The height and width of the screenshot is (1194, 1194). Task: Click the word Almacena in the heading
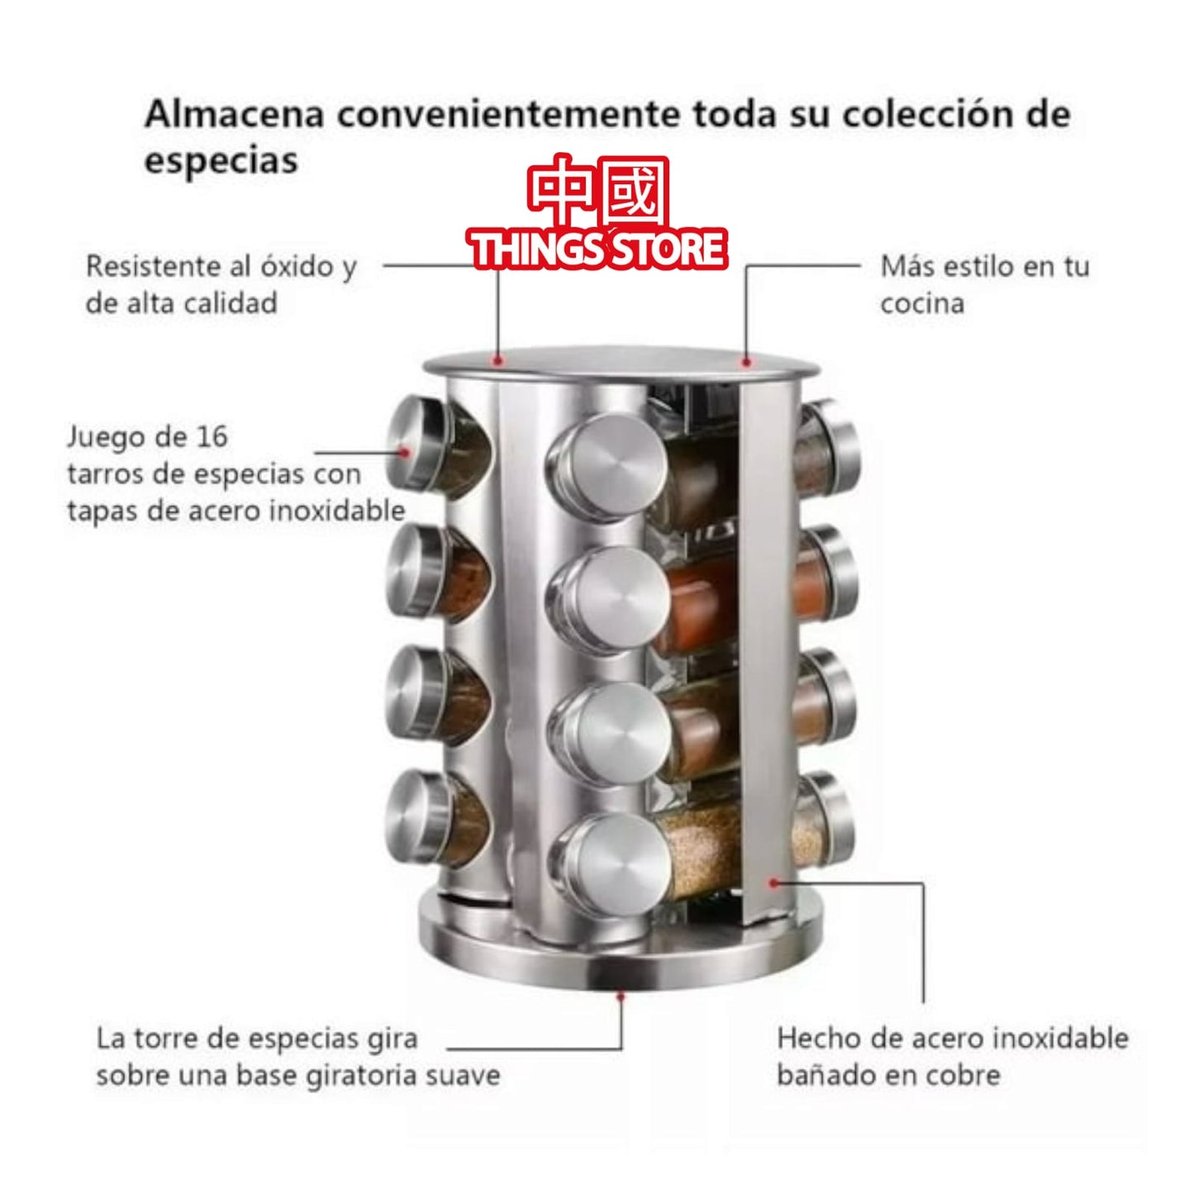pyautogui.click(x=234, y=115)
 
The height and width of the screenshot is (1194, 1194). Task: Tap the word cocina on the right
pyautogui.click(x=922, y=304)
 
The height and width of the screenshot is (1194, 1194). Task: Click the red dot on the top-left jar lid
pyautogui.click(x=405, y=451)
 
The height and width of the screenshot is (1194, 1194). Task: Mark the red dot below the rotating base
pyautogui.click(x=621, y=997)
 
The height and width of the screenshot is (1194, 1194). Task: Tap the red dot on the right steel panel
pyautogui.click(x=773, y=882)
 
